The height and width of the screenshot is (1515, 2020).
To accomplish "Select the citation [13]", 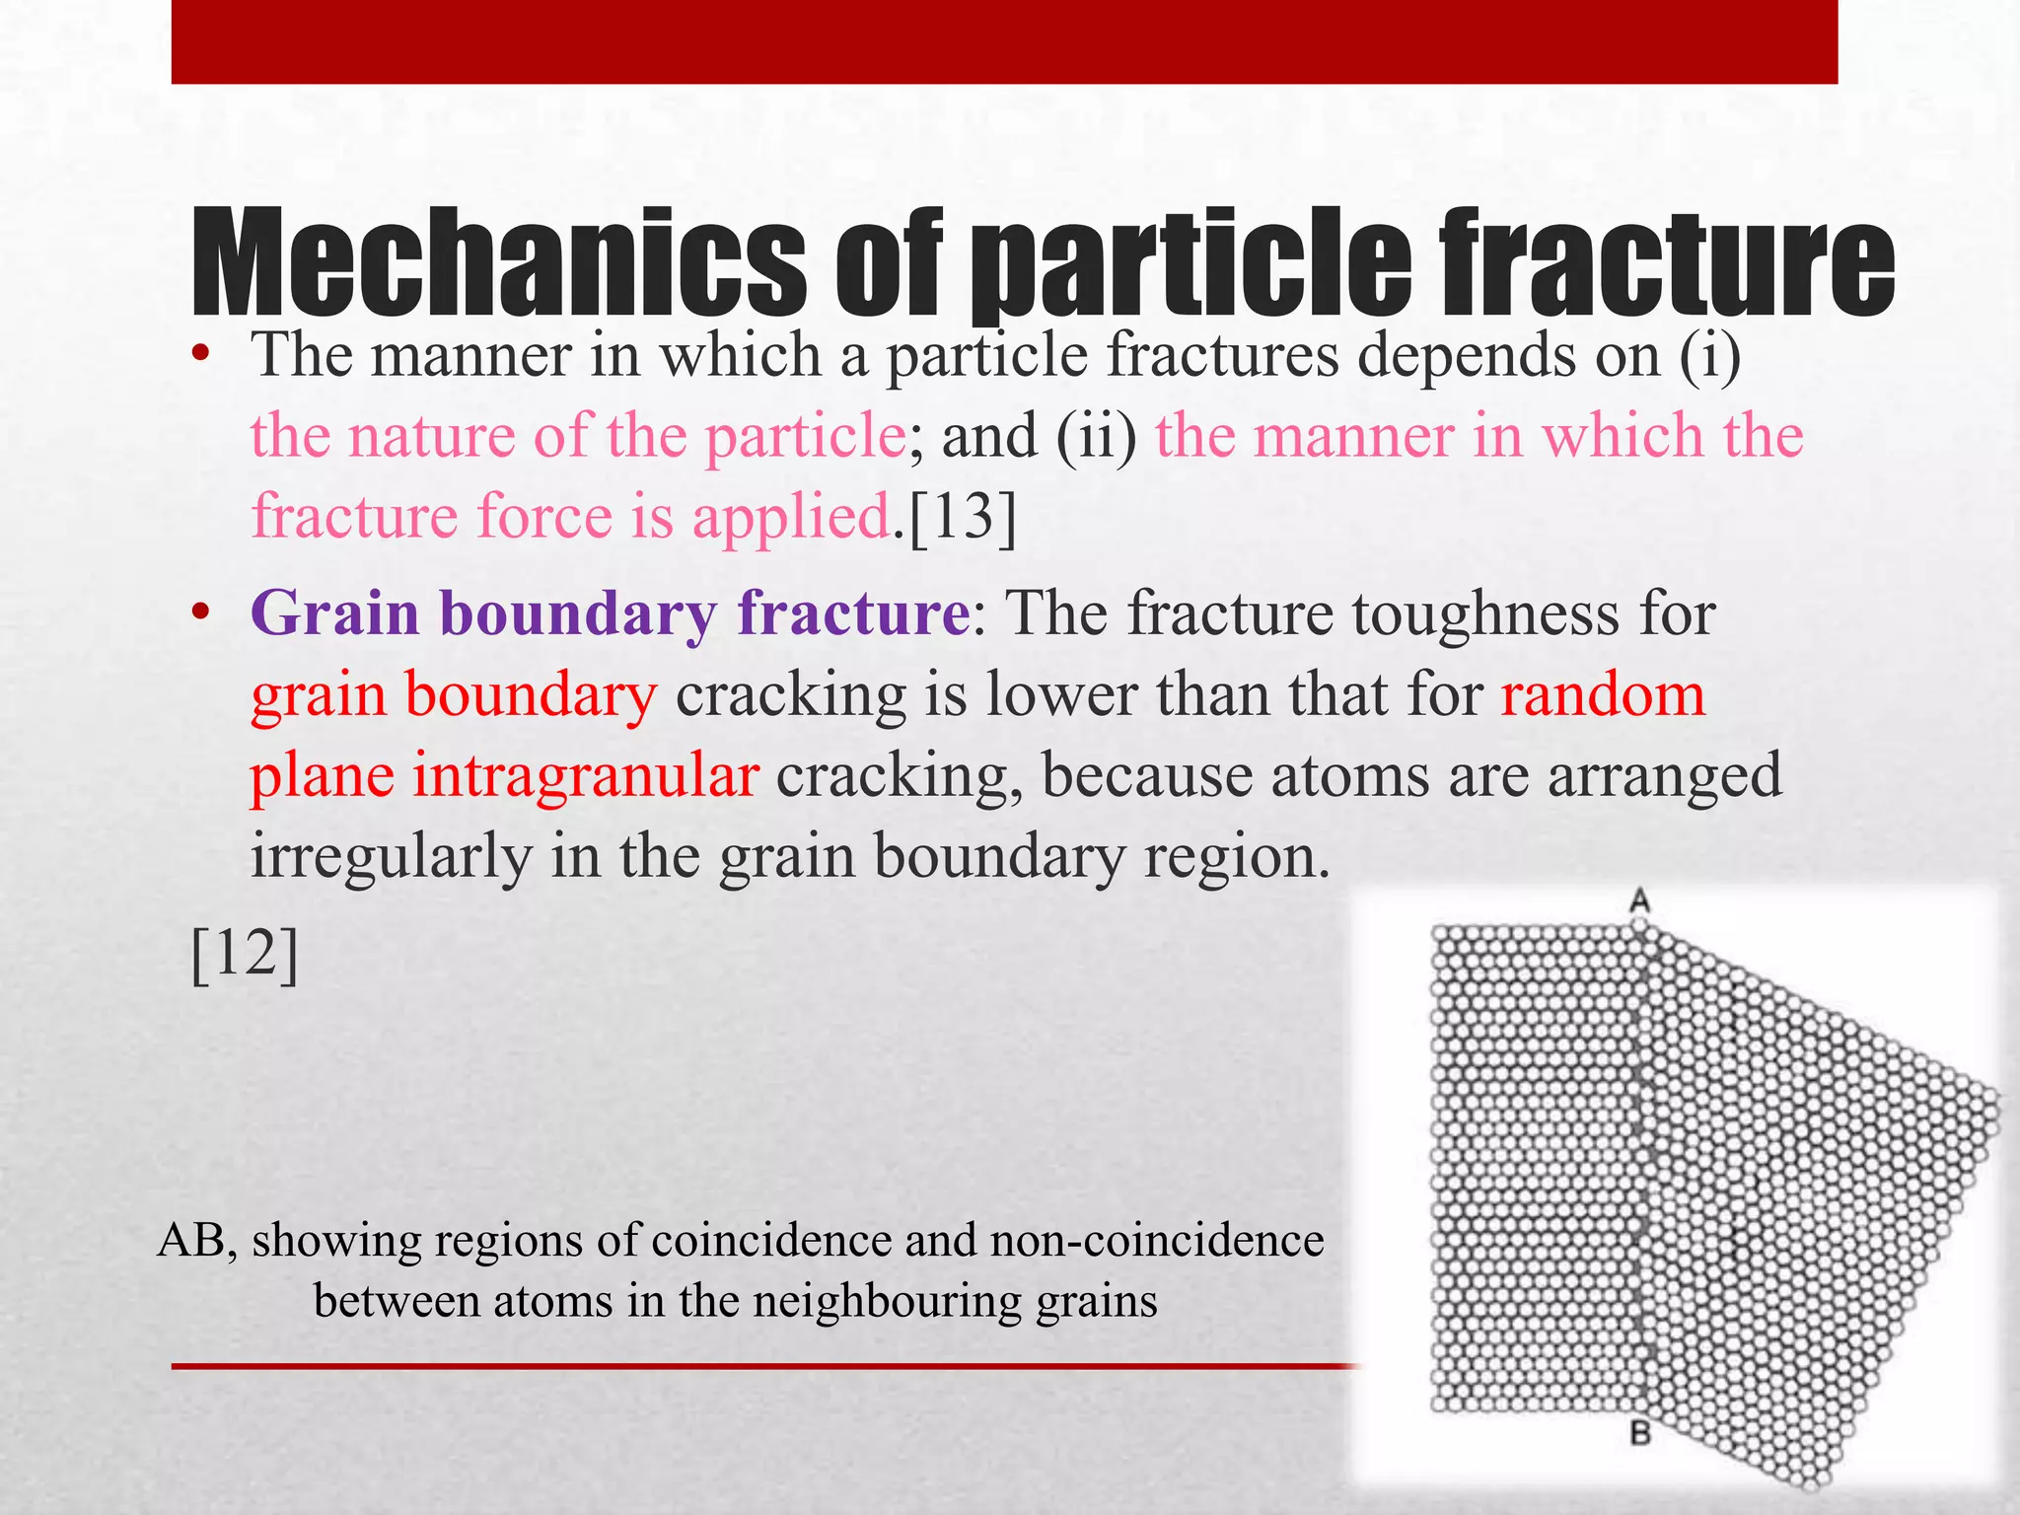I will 962,517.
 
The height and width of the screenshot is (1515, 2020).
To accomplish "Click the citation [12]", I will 245,954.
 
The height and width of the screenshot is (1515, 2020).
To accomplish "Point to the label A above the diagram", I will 1640,901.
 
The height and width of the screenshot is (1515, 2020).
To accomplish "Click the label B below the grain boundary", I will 1640,1433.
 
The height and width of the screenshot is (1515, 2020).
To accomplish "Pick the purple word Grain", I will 335,613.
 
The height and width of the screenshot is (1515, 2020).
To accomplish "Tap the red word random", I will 1603,694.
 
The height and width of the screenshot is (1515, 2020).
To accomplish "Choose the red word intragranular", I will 585,775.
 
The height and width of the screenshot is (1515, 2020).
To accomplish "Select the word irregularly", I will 391,856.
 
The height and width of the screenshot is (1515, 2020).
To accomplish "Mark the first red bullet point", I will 201,356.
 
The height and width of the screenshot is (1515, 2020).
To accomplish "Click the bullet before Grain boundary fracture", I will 201,614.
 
